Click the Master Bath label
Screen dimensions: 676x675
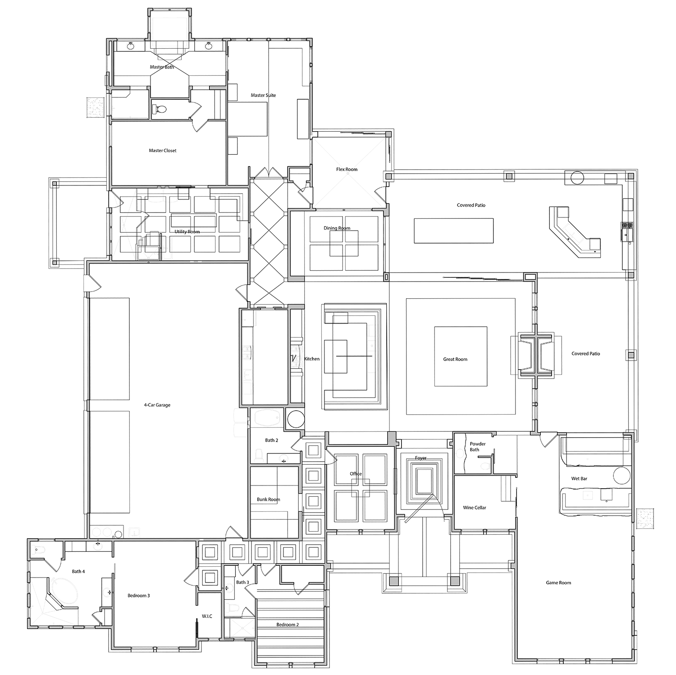click(x=162, y=67)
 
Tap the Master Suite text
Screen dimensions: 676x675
click(x=263, y=95)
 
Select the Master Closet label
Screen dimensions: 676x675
click(x=163, y=151)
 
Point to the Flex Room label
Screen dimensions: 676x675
click(x=347, y=170)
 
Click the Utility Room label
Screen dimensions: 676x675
click(x=187, y=232)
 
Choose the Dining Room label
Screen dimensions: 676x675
click(x=337, y=228)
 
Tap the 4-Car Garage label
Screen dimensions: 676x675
click(x=157, y=405)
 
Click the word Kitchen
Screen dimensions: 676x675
click(x=312, y=359)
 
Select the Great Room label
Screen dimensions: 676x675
click(x=455, y=360)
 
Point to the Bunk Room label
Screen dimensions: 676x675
click(x=268, y=499)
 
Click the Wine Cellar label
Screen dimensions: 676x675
click(x=475, y=508)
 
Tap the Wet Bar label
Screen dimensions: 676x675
click(x=579, y=479)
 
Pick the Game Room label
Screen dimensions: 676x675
click(x=558, y=583)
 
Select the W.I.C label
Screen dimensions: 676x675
click(x=207, y=616)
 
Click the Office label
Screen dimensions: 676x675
click(x=356, y=474)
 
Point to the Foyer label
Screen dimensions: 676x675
click(x=420, y=458)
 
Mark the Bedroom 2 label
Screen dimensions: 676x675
click(x=288, y=625)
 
